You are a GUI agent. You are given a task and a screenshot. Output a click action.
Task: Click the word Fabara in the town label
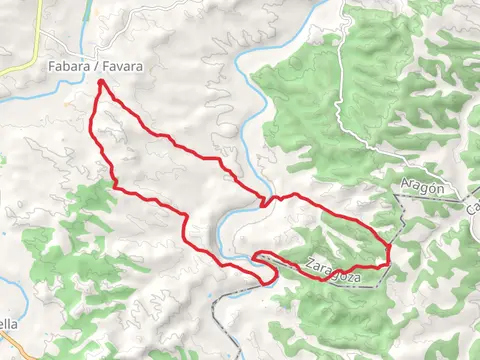tap(66, 66)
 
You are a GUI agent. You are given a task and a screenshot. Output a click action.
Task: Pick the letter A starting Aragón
tap(404, 187)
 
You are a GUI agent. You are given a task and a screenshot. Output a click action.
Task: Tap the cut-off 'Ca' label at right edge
tap(472, 205)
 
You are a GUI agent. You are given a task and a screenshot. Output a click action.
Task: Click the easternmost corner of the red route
tap(388, 244)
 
